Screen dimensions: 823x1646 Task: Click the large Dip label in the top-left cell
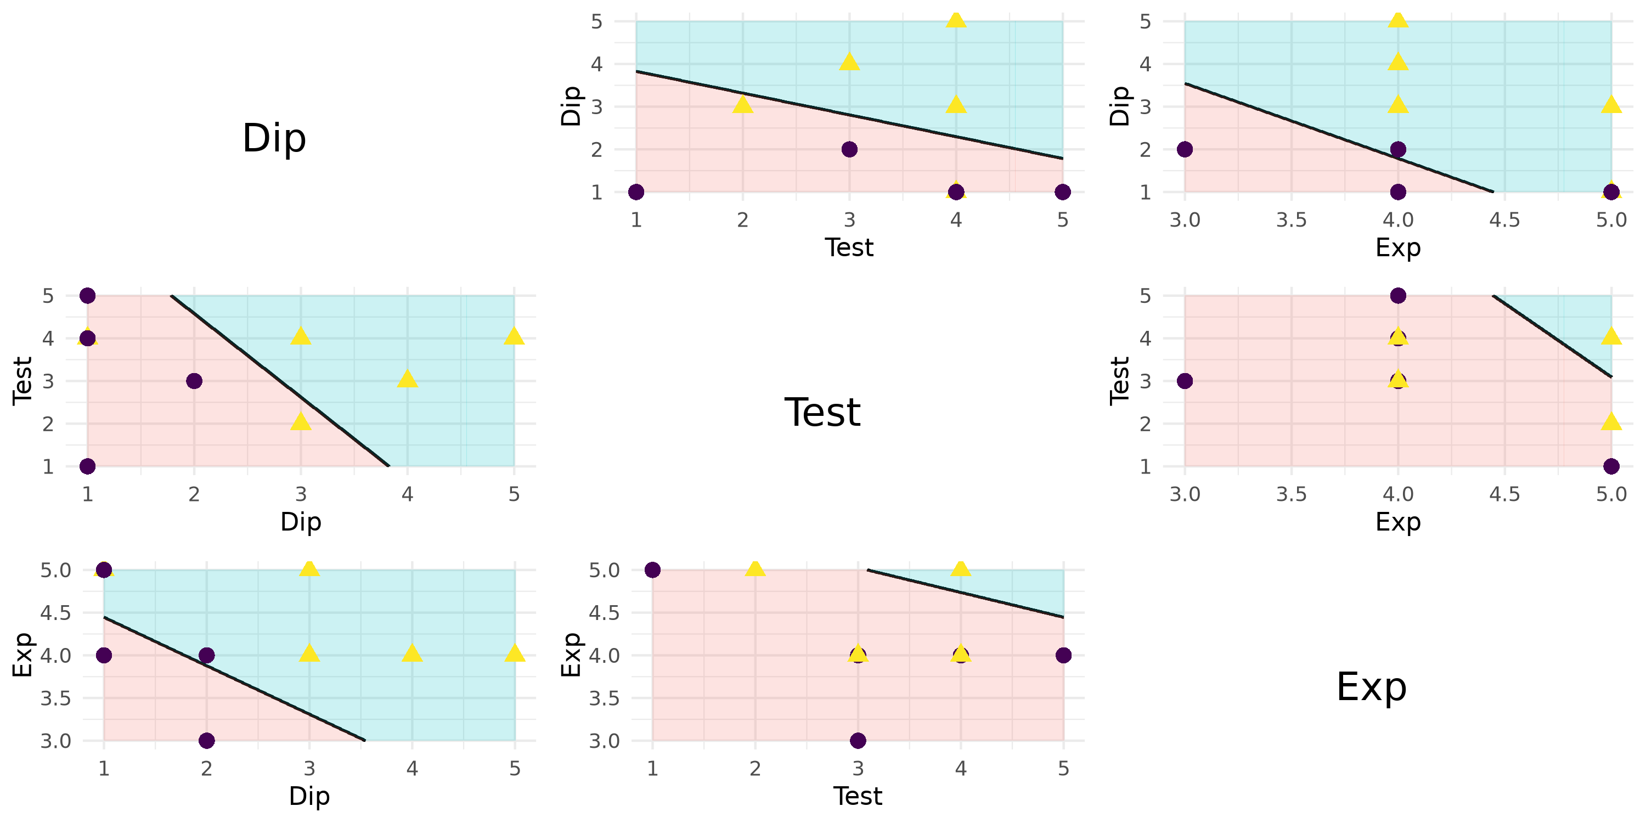274,138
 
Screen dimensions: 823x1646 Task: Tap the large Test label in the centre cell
822,412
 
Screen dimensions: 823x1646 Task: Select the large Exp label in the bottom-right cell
1371,687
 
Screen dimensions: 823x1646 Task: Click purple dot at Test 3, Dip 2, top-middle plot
849,150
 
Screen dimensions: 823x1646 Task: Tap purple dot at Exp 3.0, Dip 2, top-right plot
1185,150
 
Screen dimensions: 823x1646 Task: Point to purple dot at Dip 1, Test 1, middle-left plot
88,466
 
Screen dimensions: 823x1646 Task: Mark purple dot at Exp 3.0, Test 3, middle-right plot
1185,381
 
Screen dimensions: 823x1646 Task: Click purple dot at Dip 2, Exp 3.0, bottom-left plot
206,741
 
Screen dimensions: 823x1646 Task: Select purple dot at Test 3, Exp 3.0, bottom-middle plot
858,741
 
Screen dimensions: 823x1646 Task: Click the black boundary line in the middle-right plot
1553,337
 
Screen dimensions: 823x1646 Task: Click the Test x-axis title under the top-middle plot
849,247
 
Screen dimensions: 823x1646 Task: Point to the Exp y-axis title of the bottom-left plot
22,655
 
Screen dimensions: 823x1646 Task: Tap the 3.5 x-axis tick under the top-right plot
1292,221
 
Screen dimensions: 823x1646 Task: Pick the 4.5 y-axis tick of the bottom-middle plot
604,613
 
